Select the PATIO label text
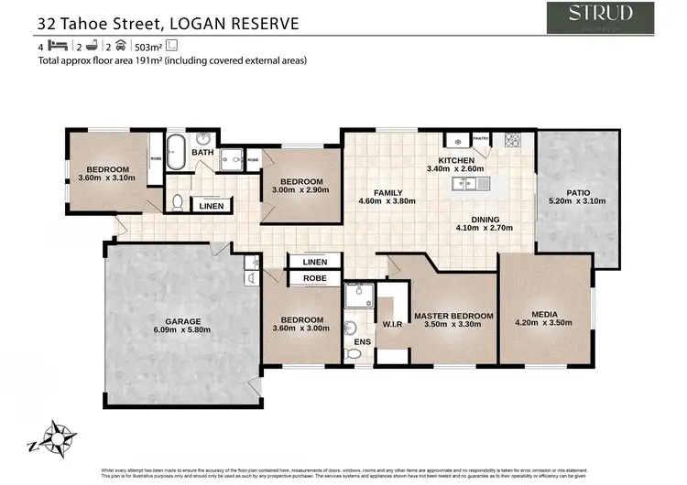tap(577, 192)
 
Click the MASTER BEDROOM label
tap(453, 317)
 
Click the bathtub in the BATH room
tap(175, 152)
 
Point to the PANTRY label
tap(482, 139)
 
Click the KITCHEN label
tap(456, 160)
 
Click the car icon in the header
tap(120, 45)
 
